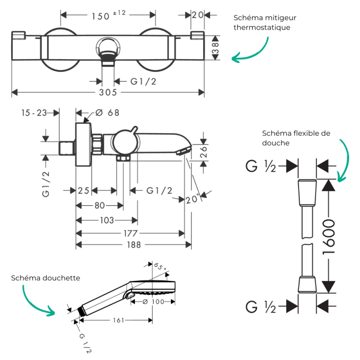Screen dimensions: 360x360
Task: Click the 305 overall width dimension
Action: point(108,92)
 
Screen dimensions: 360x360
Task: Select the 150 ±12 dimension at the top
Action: point(108,15)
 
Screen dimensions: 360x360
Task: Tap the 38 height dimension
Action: point(216,48)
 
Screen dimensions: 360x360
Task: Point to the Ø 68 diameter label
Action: point(107,113)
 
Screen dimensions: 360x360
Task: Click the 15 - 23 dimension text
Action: point(34,113)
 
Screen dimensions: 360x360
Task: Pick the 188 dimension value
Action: point(134,245)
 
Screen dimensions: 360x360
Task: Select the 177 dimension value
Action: point(130,234)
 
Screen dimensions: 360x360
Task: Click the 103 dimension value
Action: point(107,220)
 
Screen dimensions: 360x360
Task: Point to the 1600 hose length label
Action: point(328,237)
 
